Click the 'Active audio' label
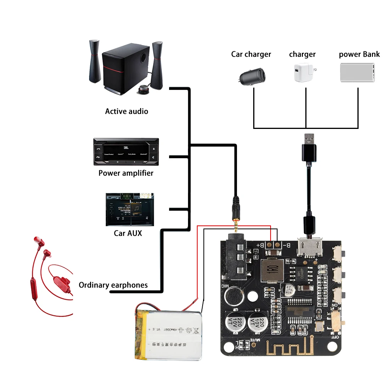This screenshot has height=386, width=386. point(126,111)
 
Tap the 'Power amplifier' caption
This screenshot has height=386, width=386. point(126,173)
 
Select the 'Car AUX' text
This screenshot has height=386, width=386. point(128,233)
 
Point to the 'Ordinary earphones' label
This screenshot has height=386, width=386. point(113,285)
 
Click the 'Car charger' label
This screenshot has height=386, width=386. point(251,54)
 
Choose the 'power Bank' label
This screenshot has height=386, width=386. point(359,54)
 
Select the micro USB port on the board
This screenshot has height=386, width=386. point(308,248)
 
